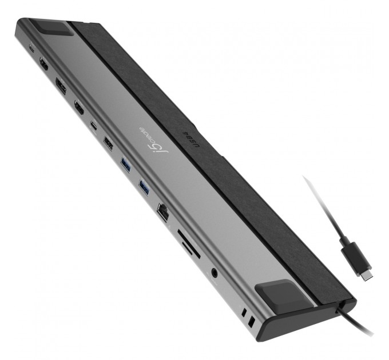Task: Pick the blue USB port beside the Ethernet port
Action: click(x=144, y=187)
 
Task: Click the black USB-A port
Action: click(x=108, y=142)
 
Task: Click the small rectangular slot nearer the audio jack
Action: click(x=244, y=313)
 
